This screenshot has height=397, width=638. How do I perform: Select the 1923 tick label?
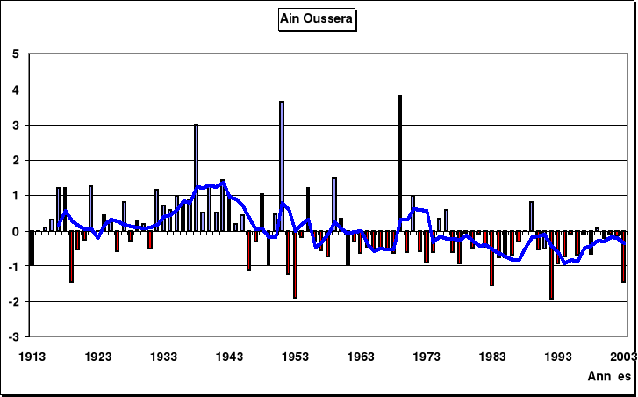pyautogui.click(x=98, y=357)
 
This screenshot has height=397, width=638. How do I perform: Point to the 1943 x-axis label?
pyautogui.click(x=230, y=357)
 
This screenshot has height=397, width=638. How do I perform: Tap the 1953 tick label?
pyautogui.click(x=296, y=357)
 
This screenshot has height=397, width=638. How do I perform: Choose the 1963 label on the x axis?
pyautogui.click(x=362, y=357)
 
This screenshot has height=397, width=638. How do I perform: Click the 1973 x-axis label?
pyautogui.click(x=427, y=357)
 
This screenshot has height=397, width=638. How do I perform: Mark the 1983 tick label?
pyautogui.click(x=493, y=357)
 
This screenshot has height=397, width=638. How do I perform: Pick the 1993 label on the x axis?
pyautogui.click(x=559, y=357)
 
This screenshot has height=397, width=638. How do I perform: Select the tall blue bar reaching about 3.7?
pyautogui.click(x=282, y=166)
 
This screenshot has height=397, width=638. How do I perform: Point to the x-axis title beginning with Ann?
pyautogui.click(x=608, y=375)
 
